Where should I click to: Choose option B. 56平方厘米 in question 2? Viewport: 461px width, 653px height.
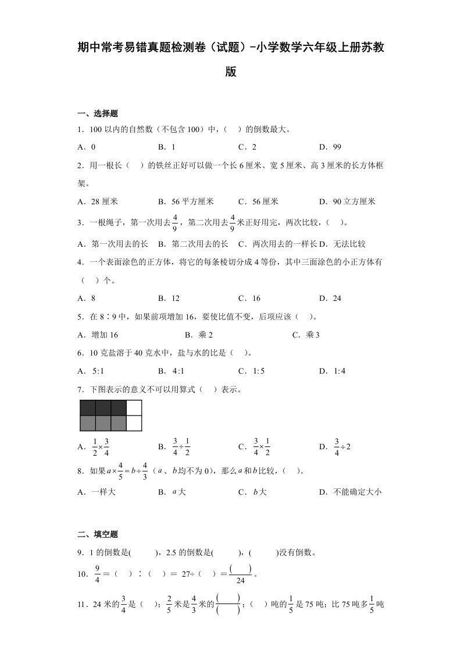click(185, 201)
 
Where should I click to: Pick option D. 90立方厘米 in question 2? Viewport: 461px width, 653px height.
click(347, 201)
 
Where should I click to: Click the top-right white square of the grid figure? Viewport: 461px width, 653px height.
click(134, 407)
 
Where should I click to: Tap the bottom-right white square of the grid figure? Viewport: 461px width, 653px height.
click(134, 423)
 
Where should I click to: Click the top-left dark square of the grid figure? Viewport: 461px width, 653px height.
click(87, 407)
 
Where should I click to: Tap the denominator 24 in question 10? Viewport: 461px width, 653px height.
click(240, 580)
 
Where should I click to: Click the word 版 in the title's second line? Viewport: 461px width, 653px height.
click(230, 73)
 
